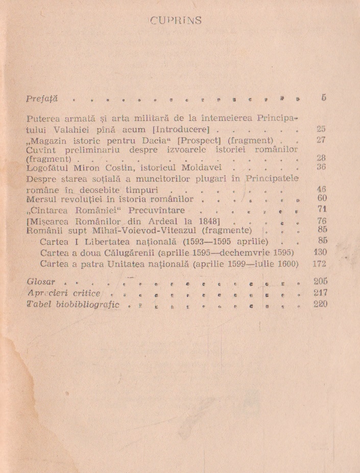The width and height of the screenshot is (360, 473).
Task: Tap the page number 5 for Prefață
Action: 324,97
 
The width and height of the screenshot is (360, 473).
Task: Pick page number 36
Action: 321,167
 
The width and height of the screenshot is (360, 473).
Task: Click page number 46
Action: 321,188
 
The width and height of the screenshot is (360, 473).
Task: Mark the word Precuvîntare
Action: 157,210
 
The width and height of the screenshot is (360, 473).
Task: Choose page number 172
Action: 319,264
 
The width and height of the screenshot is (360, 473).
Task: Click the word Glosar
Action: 41,282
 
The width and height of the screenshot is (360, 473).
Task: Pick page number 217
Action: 320,293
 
